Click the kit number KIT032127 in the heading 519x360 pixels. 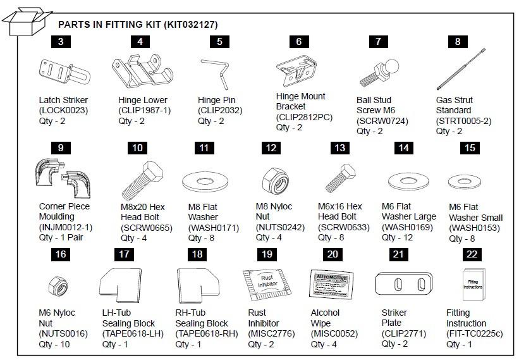(190, 25)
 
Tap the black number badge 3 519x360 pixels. (60, 42)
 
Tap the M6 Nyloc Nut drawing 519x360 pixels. (59, 285)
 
